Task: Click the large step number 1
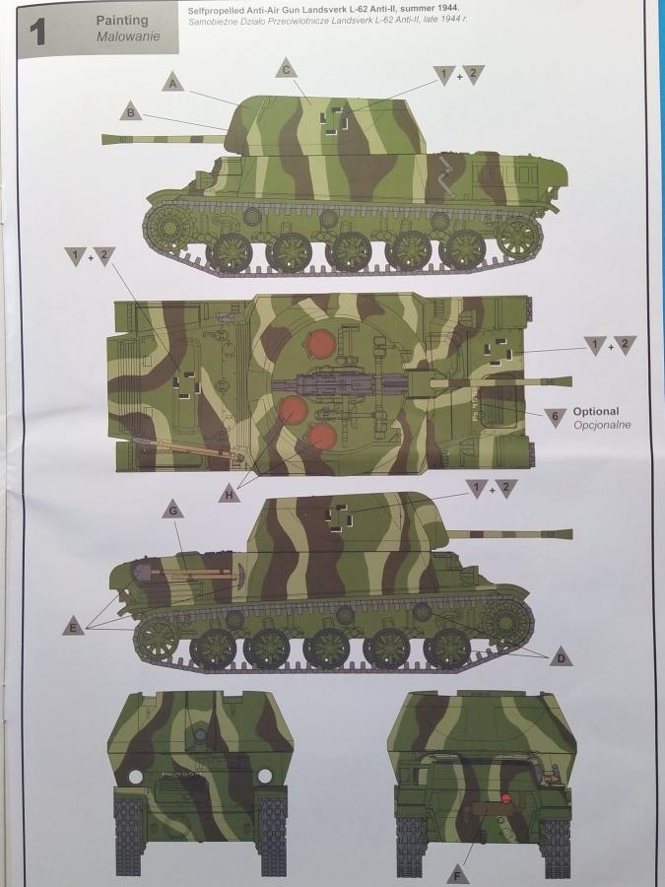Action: tap(37, 33)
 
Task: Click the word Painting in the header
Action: tap(121, 21)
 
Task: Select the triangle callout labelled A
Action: tap(173, 83)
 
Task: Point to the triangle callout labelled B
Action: tap(131, 111)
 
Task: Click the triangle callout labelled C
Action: tap(286, 69)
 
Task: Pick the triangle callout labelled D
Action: tap(561, 656)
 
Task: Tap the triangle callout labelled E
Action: tap(73, 626)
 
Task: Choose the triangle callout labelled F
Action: tap(458, 874)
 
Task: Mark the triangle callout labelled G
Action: tap(173, 510)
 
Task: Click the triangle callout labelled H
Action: tap(229, 494)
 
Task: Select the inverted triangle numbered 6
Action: tap(556, 417)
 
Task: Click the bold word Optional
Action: tap(596, 411)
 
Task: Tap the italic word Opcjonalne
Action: tap(602, 425)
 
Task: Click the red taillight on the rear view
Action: tap(506, 798)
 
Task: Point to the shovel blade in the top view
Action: tap(138, 441)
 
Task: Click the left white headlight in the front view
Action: tap(136, 777)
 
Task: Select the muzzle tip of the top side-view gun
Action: tap(103, 139)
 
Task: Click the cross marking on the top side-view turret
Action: tap(330, 120)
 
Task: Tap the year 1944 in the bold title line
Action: tap(447, 9)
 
